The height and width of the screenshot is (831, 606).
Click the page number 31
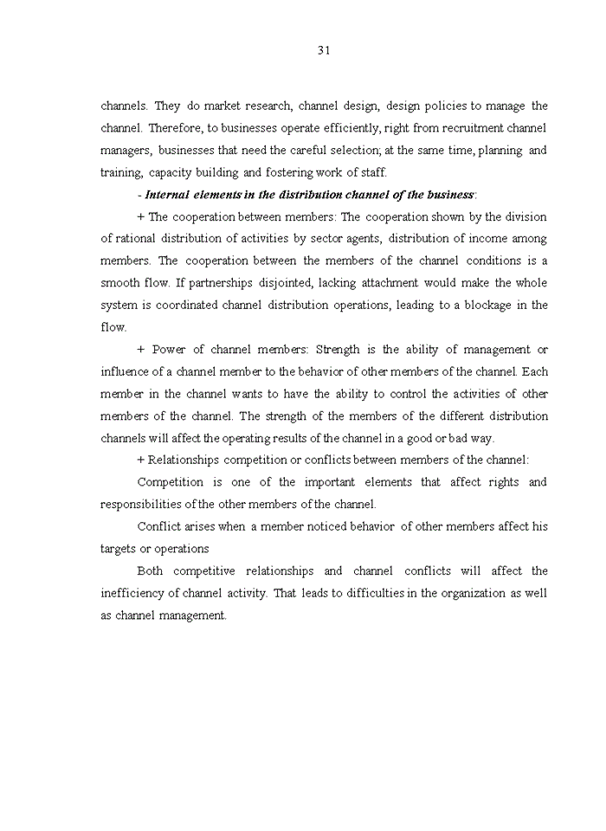[324, 50]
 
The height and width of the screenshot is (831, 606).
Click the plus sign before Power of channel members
[141, 350]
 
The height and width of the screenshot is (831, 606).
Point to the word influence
[125, 372]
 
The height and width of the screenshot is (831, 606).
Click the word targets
[119, 549]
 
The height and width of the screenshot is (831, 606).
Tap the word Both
[150, 570]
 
